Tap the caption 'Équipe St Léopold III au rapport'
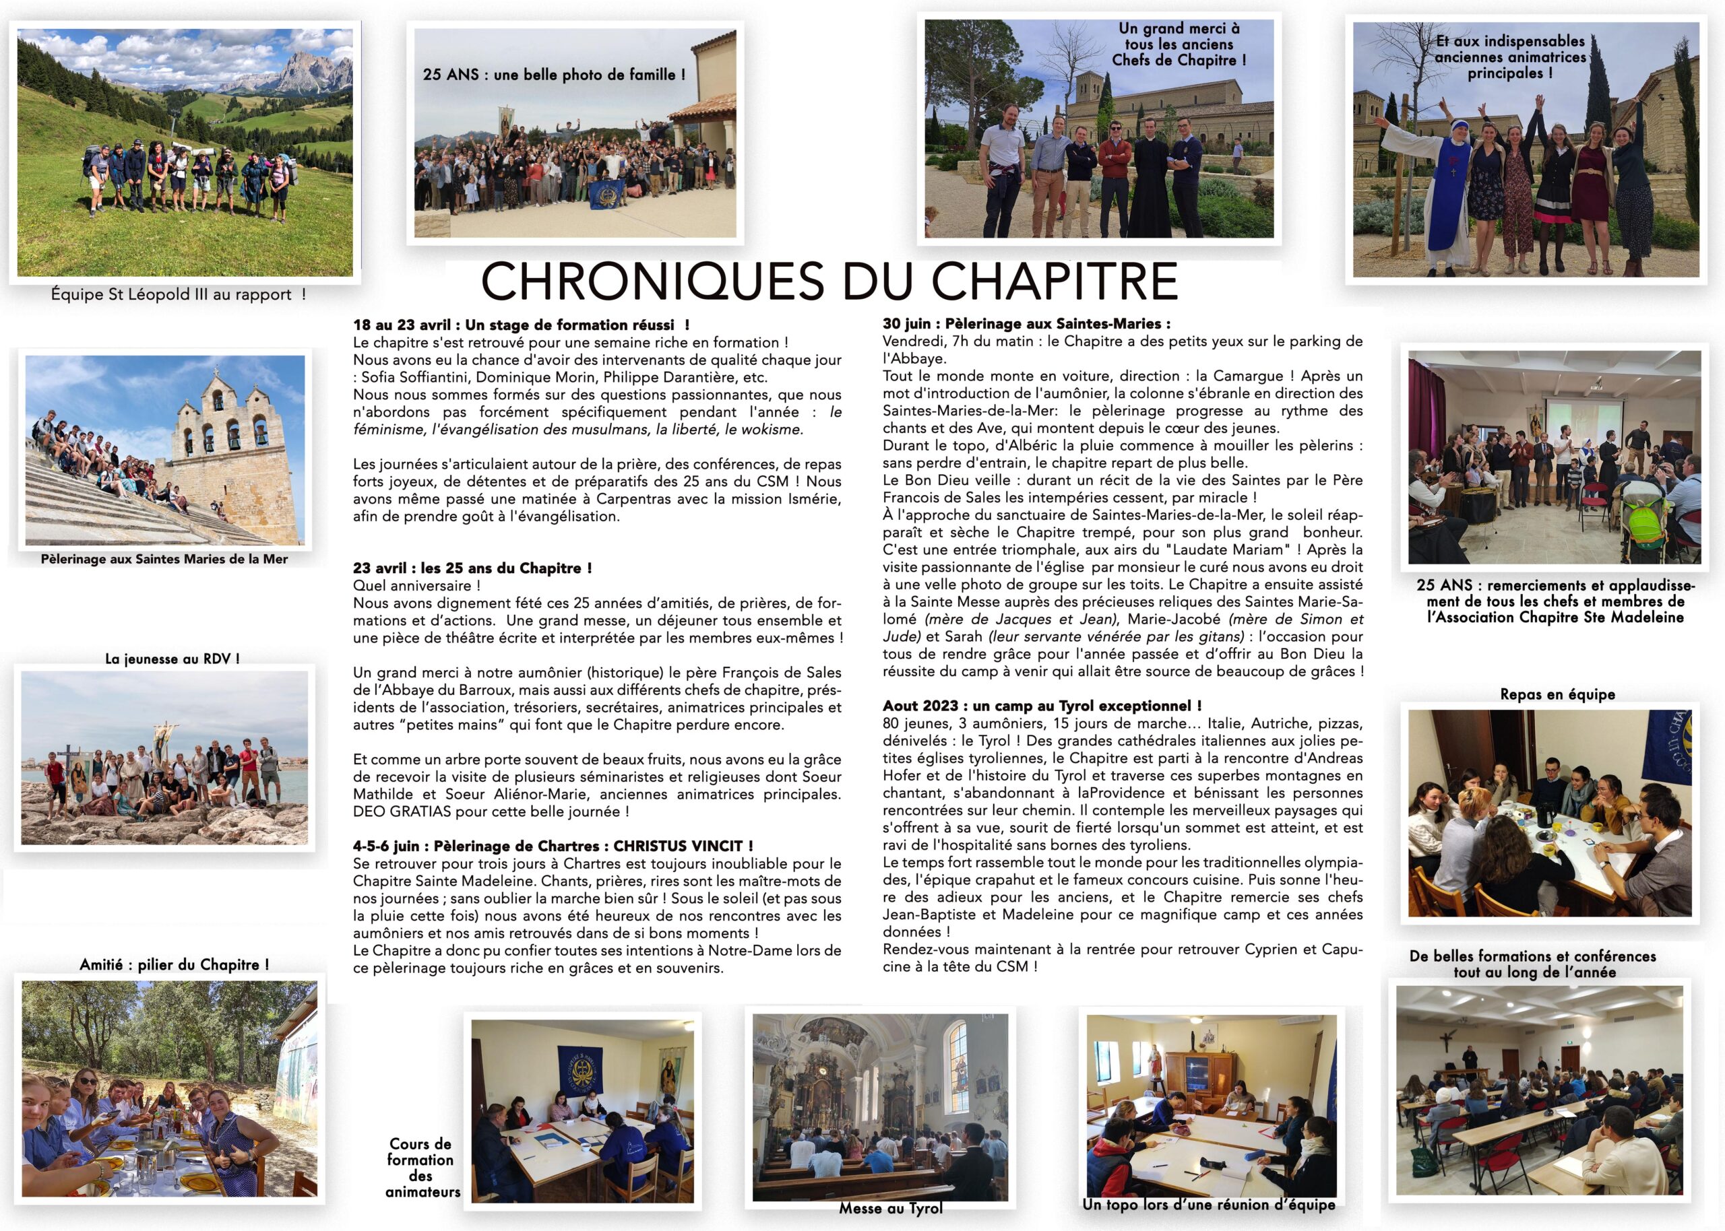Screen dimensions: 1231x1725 (178, 294)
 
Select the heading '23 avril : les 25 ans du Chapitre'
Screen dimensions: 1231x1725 (472, 568)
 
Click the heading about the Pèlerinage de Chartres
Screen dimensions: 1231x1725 (553, 846)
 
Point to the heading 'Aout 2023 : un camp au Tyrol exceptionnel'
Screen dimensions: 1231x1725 (1042, 706)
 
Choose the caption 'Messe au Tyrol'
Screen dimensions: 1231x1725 (891, 1208)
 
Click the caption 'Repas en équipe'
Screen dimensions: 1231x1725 (1557, 694)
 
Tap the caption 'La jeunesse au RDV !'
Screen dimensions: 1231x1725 (172, 659)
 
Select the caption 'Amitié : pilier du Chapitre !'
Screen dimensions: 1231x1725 (175, 965)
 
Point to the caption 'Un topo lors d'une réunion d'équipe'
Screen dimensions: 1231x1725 (1209, 1205)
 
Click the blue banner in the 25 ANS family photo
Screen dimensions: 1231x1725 (612, 194)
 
